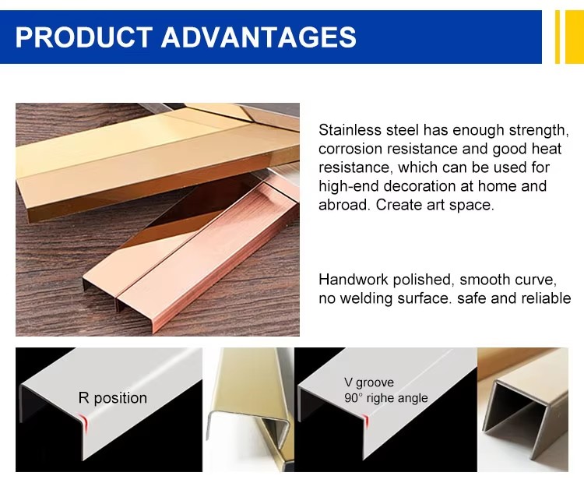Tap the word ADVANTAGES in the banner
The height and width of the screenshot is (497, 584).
point(259,37)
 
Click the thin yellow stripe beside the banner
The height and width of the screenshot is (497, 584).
point(558,37)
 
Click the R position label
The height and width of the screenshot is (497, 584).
point(112,398)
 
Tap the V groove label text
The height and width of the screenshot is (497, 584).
point(369,382)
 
